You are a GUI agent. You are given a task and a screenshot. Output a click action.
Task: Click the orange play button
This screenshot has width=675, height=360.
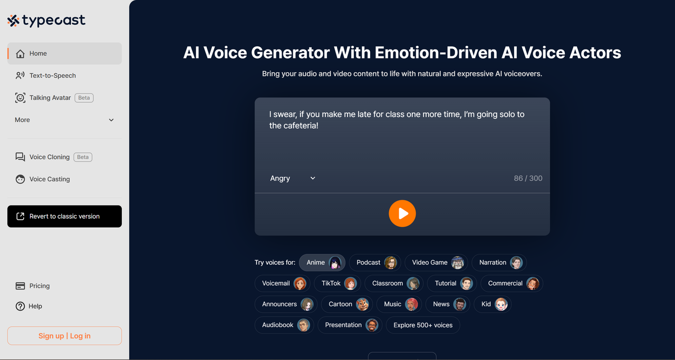pyautogui.click(x=402, y=213)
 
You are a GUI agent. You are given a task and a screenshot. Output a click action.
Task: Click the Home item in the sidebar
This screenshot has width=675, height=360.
pyautogui.click(x=64, y=53)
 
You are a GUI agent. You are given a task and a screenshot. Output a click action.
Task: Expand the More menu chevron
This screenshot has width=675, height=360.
pyautogui.click(x=111, y=120)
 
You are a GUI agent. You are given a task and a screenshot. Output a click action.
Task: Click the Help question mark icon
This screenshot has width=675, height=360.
pyautogui.click(x=20, y=306)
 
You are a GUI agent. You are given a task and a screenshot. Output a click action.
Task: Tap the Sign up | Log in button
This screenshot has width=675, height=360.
pyautogui.click(x=64, y=336)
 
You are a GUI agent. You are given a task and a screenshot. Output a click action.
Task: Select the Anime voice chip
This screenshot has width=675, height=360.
pyautogui.click(x=322, y=262)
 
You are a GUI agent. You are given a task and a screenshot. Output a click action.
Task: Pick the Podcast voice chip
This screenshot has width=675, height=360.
pyautogui.click(x=375, y=262)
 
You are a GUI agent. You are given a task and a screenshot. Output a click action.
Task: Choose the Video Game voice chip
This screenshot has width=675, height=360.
pyautogui.click(x=436, y=262)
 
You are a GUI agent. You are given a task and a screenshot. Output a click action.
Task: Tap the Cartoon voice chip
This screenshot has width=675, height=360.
pyautogui.click(x=347, y=304)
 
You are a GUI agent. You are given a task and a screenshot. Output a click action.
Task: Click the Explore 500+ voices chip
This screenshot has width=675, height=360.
pyautogui.click(x=423, y=325)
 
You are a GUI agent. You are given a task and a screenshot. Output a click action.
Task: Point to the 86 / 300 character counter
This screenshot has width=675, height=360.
pyautogui.click(x=528, y=178)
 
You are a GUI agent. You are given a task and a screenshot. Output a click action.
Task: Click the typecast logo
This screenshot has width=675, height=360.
pyautogui.click(x=46, y=21)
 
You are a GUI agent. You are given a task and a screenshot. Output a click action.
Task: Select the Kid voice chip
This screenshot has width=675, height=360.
pyautogui.click(x=493, y=304)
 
